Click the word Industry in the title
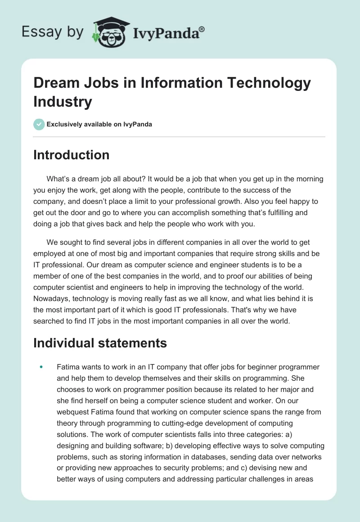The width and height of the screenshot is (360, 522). tap(63, 101)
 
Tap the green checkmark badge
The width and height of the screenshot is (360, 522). tap(39, 124)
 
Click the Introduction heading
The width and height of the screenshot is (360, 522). tap(71, 155)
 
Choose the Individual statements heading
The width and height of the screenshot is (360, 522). tap(100, 343)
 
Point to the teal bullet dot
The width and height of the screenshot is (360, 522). tap(41, 367)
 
